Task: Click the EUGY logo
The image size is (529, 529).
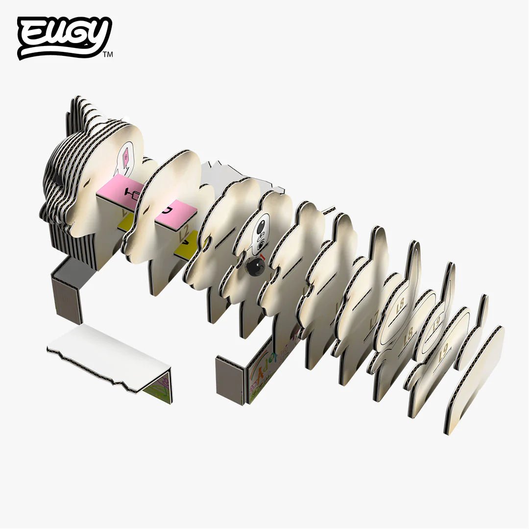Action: click(x=64, y=37)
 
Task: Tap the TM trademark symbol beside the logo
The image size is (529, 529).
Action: click(x=108, y=55)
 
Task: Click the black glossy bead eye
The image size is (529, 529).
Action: click(x=255, y=266)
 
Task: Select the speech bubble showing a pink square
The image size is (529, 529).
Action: click(x=126, y=156)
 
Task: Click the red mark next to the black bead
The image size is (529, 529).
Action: click(x=264, y=257)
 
